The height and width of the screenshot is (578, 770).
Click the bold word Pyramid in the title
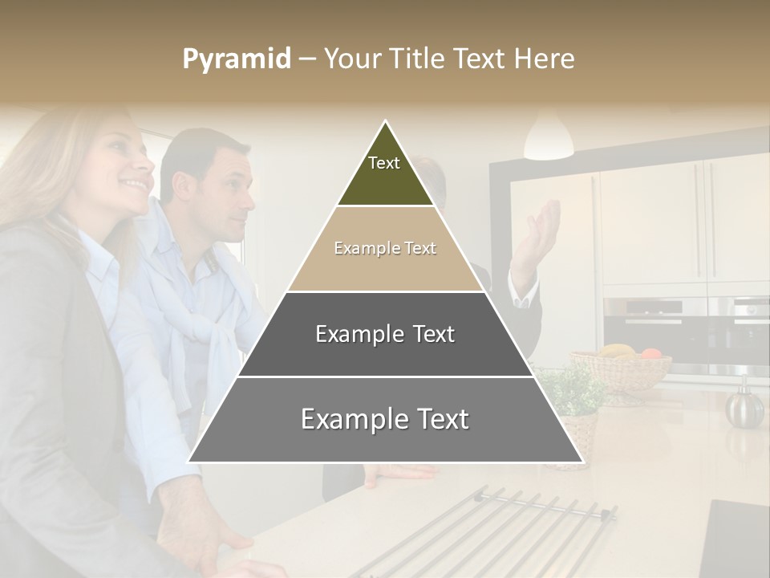point(236,59)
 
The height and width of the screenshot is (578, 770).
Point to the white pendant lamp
point(549,137)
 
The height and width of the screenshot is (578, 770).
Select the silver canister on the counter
point(744,405)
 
